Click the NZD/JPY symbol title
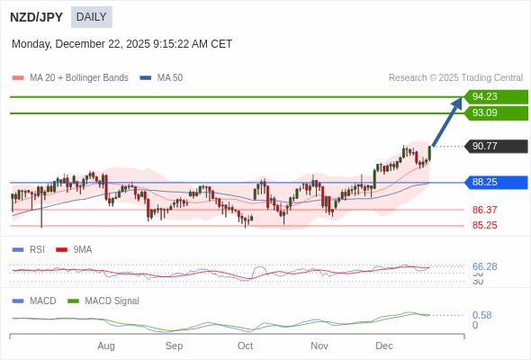pos(36,17)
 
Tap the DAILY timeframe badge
pos(91,17)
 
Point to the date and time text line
pos(121,43)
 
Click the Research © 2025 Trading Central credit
pos(455,78)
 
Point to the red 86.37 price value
pos(485,210)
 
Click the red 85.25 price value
pos(485,225)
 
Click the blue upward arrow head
pos(457,103)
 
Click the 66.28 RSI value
pos(485,266)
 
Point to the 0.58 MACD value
pos(481,315)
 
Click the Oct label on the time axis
pos(245,346)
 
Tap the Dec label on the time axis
pos(384,346)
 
